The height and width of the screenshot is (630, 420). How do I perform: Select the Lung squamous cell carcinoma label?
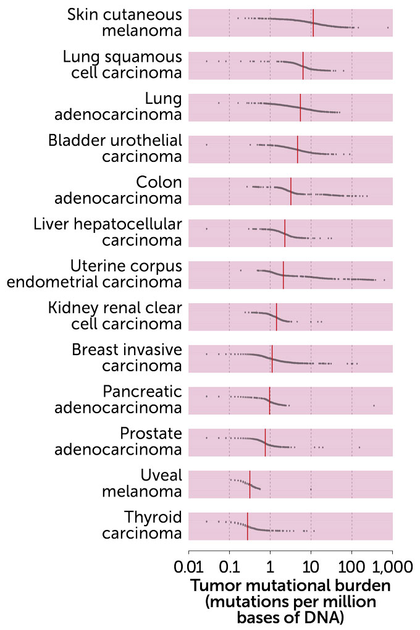click(122, 64)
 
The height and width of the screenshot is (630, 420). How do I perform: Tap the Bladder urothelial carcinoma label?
click(115, 148)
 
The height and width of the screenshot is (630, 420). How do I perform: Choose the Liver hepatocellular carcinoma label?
click(108, 232)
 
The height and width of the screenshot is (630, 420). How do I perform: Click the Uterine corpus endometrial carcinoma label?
click(94, 274)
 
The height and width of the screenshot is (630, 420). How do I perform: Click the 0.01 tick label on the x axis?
click(188, 566)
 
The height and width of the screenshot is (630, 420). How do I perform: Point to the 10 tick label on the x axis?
click(311, 566)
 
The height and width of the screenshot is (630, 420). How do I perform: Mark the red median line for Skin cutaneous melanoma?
click(313, 23)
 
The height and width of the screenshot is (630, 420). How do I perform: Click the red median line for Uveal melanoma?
click(250, 484)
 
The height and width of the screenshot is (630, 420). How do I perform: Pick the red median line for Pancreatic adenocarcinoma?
click(269, 400)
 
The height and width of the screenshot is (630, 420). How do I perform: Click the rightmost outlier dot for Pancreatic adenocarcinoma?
click(374, 405)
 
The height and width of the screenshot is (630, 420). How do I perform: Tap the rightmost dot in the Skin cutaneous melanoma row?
click(388, 28)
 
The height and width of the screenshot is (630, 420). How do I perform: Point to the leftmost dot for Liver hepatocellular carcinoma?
click(206, 229)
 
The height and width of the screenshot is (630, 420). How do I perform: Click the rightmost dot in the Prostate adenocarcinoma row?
click(359, 447)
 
